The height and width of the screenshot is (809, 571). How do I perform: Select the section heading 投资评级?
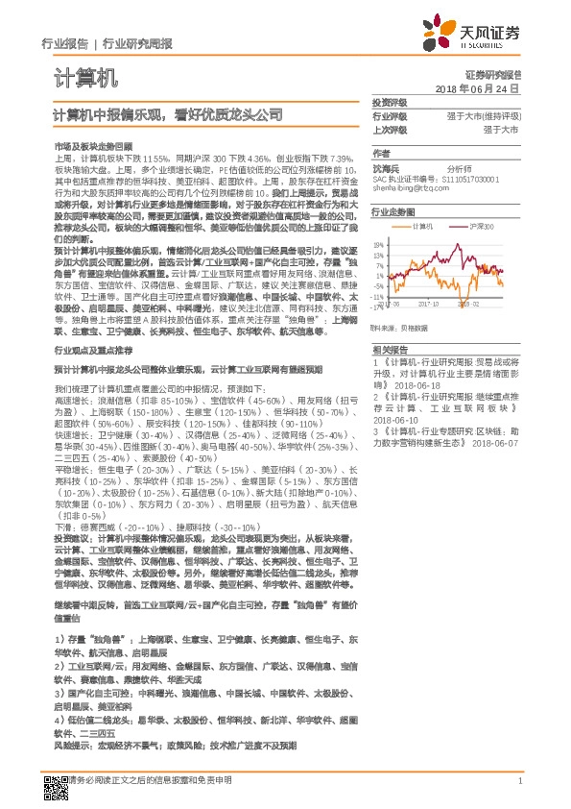click(x=390, y=102)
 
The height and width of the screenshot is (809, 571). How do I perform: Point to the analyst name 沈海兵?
click(x=386, y=166)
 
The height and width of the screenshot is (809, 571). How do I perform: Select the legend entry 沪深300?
click(x=480, y=227)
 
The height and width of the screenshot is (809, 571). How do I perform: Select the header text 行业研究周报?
click(x=138, y=44)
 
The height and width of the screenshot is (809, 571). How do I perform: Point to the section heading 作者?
click(x=381, y=153)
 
